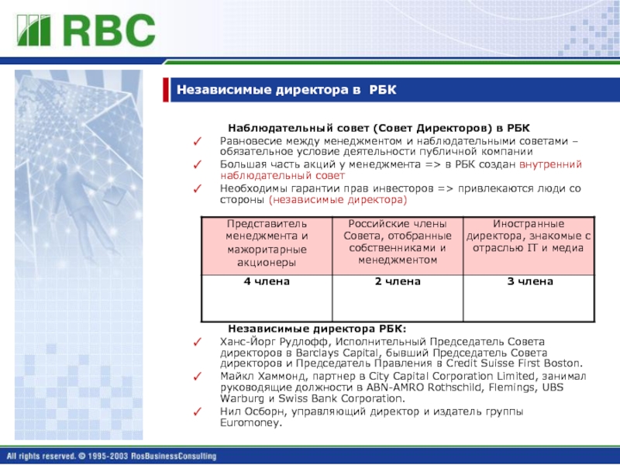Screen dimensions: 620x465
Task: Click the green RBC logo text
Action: pos(109,30)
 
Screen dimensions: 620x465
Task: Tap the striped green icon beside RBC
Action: pos(34,30)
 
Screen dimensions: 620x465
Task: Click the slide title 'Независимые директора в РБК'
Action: pos(286,90)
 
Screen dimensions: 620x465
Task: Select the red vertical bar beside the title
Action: pos(166,90)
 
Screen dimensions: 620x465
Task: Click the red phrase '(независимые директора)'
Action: pos(338,200)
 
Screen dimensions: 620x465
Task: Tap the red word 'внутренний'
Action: pos(550,164)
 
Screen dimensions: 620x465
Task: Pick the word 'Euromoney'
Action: pos(250,422)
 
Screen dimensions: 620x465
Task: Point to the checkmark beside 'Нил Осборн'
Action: pos(198,412)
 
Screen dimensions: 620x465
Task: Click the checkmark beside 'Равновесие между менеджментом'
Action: pos(198,141)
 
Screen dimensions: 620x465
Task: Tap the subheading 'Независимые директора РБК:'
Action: pos(317,329)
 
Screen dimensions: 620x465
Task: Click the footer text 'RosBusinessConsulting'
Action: pos(174,456)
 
